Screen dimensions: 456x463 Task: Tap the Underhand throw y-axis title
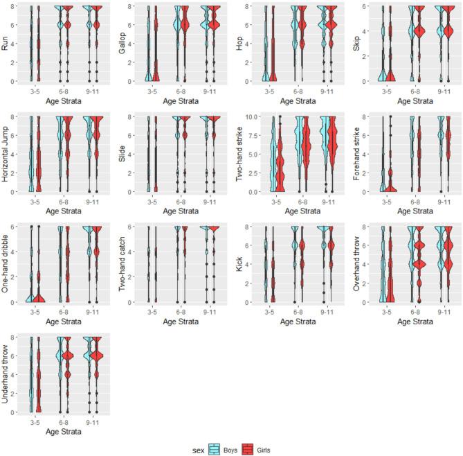6,374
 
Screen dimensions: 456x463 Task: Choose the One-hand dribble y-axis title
6,264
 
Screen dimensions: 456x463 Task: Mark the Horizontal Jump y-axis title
6,154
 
